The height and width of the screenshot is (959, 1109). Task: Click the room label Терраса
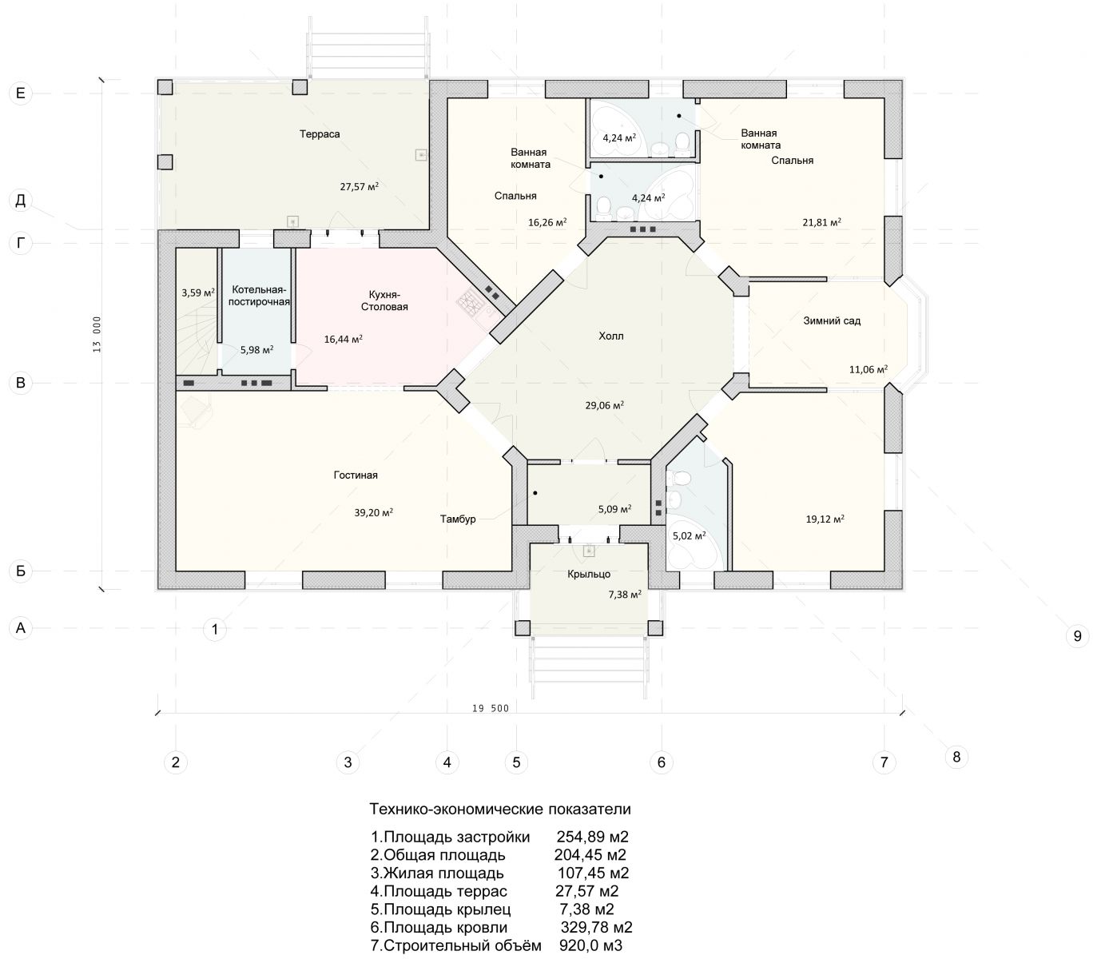click(320, 134)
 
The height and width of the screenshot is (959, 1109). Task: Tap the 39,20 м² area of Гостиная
click(373, 512)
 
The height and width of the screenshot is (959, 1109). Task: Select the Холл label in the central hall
click(611, 336)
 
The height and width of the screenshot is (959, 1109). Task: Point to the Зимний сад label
click(832, 321)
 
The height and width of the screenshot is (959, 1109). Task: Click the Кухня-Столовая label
click(384, 301)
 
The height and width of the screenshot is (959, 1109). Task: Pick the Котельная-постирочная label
click(259, 296)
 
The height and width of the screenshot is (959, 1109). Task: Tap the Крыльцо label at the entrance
click(589, 575)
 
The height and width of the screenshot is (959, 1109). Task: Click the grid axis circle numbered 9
click(1077, 636)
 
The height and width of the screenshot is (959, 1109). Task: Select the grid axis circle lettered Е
click(21, 94)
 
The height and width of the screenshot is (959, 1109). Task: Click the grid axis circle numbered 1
click(215, 629)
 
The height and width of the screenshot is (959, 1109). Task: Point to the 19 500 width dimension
click(491, 708)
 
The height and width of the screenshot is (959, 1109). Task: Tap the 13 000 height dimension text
click(97, 334)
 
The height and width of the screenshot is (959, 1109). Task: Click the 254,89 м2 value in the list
click(592, 837)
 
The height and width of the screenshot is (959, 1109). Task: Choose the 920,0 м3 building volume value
click(590, 945)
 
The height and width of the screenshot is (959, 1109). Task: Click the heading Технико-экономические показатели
click(500, 809)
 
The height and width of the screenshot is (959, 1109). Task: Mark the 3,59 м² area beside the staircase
click(198, 292)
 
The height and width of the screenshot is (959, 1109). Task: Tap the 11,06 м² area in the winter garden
click(868, 369)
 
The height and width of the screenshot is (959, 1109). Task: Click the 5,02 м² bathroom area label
click(689, 535)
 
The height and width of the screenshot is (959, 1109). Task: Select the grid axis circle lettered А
click(21, 628)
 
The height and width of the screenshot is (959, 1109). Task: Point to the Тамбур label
click(458, 519)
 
